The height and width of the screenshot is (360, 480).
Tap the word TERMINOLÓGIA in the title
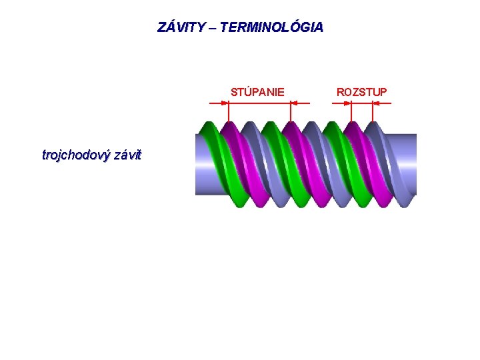point(271,27)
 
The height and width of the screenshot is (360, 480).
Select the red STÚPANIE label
point(257,91)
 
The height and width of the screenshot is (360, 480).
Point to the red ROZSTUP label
point(361,91)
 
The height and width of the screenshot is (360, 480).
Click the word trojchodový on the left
point(76,155)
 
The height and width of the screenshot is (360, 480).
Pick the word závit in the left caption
point(127,155)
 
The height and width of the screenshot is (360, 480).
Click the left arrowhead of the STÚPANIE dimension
point(225,103)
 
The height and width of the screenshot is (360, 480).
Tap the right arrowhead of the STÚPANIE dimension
point(295,103)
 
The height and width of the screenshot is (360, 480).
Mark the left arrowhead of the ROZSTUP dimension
point(348,103)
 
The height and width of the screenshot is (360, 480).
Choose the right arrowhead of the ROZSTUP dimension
point(375,103)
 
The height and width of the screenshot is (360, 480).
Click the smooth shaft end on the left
point(199,163)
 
